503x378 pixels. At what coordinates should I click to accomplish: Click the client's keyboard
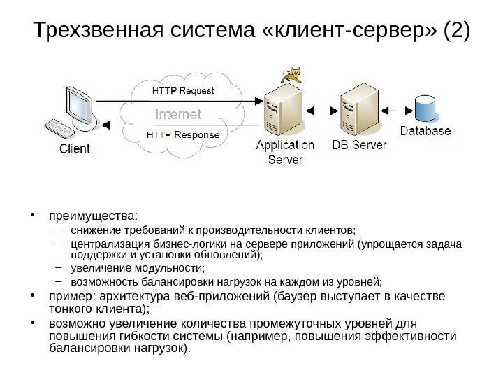pos(59,129)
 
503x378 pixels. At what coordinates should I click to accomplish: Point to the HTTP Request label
pos(183,91)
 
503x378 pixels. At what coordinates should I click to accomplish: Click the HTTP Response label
pos(183,134)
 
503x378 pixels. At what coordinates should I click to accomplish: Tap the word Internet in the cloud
pos(177,113)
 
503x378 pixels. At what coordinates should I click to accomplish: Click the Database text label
pos(425,130)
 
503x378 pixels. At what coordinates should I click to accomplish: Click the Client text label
pos(73,148)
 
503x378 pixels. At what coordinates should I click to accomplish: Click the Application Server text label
pos(286,152)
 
